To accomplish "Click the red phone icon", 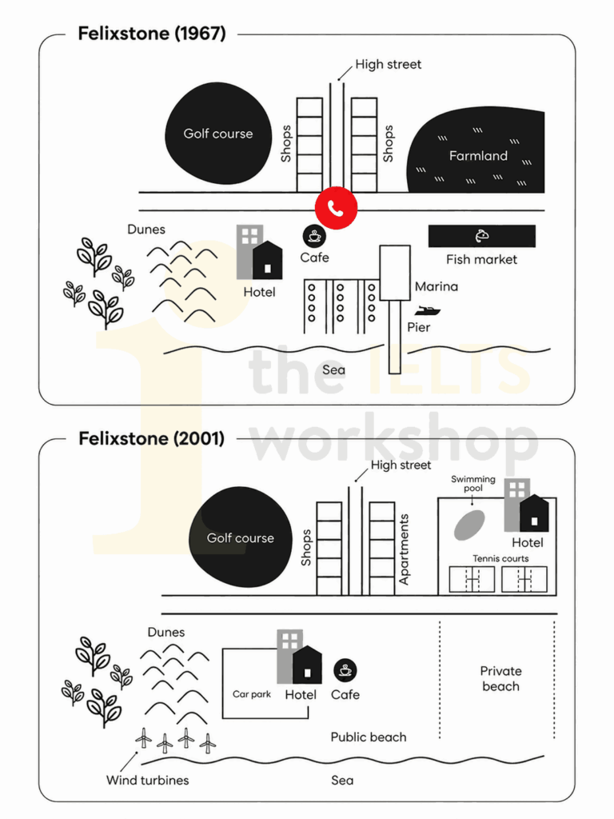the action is click(337, 208).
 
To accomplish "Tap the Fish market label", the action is click(481, 260).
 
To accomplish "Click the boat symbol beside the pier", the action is click(428, 311).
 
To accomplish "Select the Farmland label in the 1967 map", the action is click(478, 156).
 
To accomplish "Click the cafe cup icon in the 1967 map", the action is click(314, 236).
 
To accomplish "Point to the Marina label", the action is click(437, 286).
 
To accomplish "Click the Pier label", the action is click(419, 327).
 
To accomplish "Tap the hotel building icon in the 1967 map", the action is click(260, 252).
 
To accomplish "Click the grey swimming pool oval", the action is click(469, 525).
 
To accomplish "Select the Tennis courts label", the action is click(500, 558).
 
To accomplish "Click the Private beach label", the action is click(500, 678).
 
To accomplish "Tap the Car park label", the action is click(252, 694).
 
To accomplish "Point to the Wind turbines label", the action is click(148, 781).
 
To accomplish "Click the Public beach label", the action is click(369, 737).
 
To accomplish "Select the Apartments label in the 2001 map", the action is click(404, 549).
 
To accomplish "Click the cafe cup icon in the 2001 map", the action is click(345, 670).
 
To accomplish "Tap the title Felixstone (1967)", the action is click(152, 34).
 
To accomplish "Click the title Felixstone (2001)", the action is click(151, 439).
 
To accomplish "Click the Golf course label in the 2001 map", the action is click(240, 538).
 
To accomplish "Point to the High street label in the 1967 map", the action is click(388, 64).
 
